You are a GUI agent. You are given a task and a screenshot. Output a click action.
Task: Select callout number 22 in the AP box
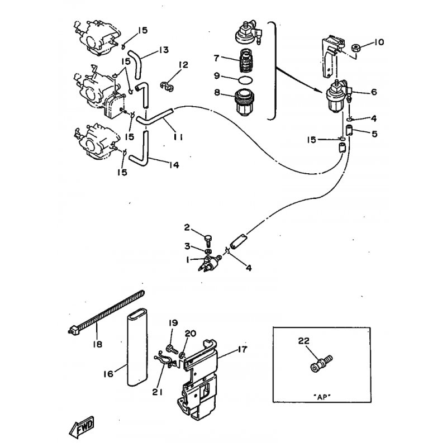pyautogui.click(x=304, y=341)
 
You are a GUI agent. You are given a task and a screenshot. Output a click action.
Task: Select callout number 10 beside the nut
pyautogui.click(x=379, y=42)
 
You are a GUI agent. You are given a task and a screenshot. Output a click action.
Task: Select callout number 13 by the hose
pyautogui.click(x=163, y=50)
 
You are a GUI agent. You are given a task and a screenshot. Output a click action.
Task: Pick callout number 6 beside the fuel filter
pyautogui.click(x=373, y=92)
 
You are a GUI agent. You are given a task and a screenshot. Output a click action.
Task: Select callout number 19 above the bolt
pyautogui.click(x=173, y=322)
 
